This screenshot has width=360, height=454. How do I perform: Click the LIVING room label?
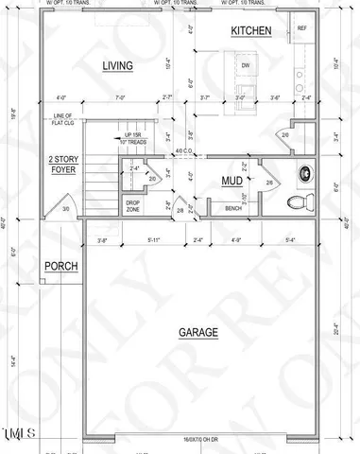[x=117, y=65]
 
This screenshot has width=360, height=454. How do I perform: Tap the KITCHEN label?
[x=251, y=32]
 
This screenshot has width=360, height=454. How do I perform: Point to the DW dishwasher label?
[x=245, y=65]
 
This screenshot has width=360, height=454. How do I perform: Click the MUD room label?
[x=232, y=180]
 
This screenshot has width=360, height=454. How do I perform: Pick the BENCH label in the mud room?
[x=233, y=208]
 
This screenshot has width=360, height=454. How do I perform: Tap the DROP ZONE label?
[x=133, y=205]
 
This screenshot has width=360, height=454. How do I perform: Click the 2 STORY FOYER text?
[x=63, y=166]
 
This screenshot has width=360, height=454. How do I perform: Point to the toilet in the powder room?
[x=300, y=201]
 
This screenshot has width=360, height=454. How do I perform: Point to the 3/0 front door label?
[x=65, y=209]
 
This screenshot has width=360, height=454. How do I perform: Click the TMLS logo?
[x=19, y=435]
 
